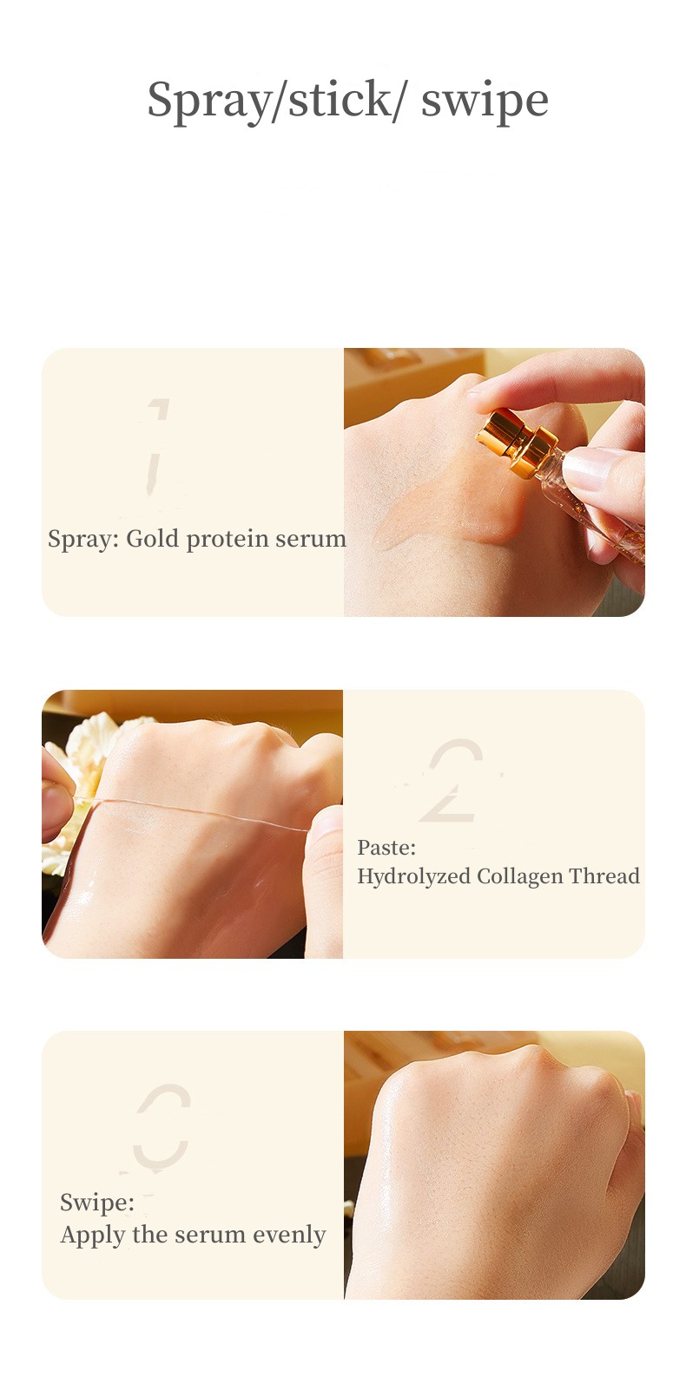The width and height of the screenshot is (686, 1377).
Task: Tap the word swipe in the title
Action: (x=485, y=101)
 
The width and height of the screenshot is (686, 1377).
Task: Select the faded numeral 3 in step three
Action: (x=162, y=1126)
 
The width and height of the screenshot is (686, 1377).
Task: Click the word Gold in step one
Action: (x=153, y=539)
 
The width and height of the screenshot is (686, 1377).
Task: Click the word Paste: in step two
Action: (x=386, y=848)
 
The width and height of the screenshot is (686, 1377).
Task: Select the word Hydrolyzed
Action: (x=414, y=877)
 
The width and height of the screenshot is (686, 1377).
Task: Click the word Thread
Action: (x=604, y=875)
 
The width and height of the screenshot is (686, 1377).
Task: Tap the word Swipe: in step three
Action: (x=97, y=1203)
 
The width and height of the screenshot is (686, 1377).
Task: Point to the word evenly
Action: (x=288, y=1235)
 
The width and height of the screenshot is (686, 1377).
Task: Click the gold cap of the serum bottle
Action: (x=518, y=443)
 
